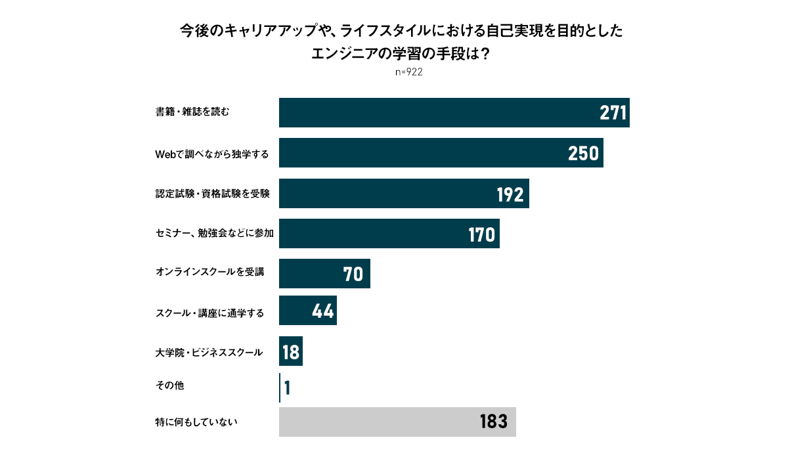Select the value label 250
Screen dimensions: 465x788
click(x=583, y=153)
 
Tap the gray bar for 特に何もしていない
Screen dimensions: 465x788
click(x=397, y=422)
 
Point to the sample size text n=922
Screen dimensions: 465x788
click(x=408, y=72)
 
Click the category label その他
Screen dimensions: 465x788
click(x=169, y=386)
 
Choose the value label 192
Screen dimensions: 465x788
click(x=510, y=194)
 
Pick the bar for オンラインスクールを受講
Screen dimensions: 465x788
click(x=324, y=273)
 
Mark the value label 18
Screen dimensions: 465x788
click(x=291, y=353)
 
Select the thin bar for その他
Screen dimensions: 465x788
click(x=280, y=387)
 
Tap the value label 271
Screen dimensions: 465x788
click(x=614, y=113)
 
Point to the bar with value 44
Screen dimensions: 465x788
click(x=307, y=311)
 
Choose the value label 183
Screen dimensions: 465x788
click(x=494, y=422)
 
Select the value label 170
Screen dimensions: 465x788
click(x=481, y=234)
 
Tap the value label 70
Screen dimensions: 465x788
click(x=353, y=274)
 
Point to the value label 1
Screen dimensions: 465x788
click(x=288, y=388)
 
